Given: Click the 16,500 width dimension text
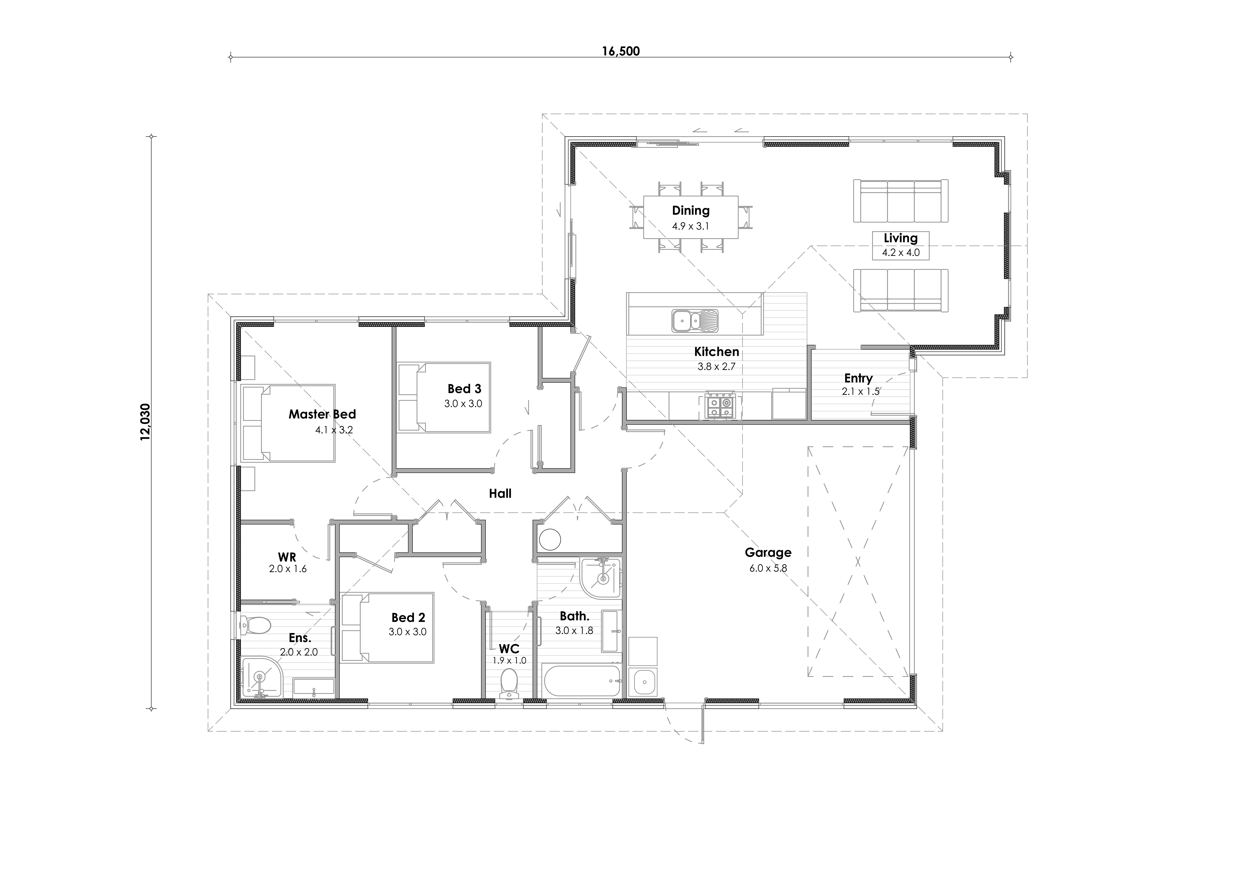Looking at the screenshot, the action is (621, 51).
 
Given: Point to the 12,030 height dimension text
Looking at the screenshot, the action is (146, 422).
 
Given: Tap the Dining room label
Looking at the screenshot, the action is (691, 210).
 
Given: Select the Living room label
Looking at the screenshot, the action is (901, 238).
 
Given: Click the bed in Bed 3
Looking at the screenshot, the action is (444, 397).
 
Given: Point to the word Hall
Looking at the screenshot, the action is (500, 493).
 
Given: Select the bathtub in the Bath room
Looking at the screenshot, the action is (583, 681).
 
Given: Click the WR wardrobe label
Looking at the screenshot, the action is (287, 557).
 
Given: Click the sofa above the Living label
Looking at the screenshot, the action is (901, 201).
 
